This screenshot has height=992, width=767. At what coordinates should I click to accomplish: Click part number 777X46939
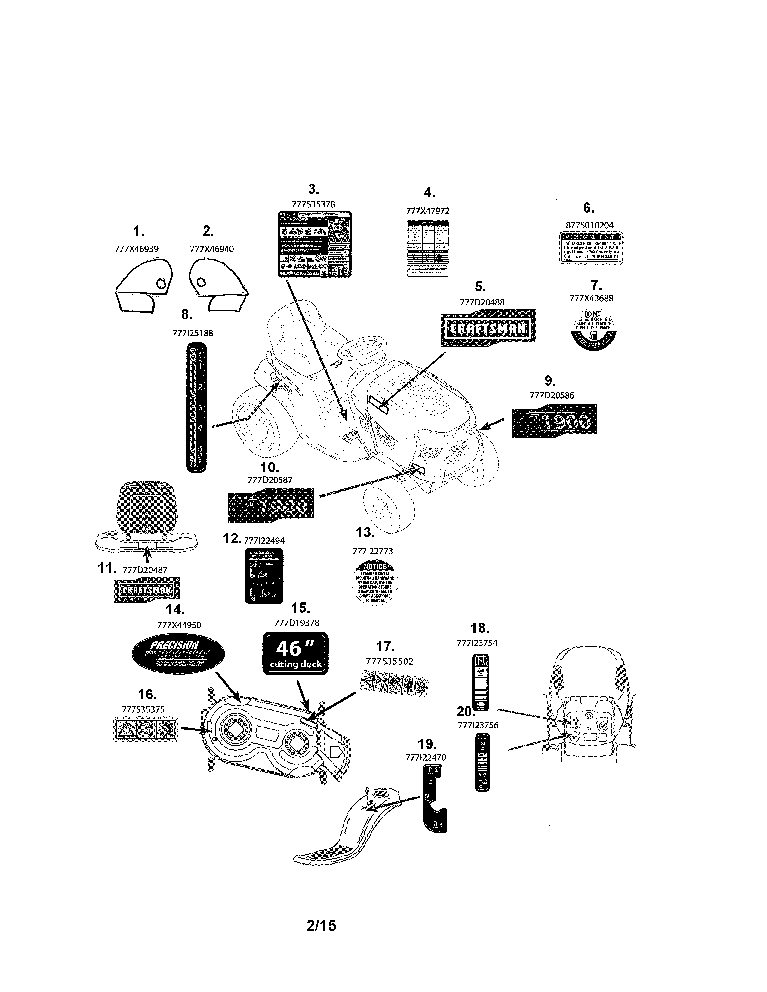(136, 249)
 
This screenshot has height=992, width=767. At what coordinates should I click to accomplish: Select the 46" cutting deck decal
(296, 653)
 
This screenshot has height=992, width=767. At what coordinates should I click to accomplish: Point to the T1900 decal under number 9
(554, 421)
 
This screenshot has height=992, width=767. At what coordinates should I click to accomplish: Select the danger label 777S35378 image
(314, 243)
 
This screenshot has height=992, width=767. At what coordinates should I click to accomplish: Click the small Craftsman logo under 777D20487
(147, 589)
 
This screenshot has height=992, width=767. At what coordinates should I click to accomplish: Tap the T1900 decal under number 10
(271, 506)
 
